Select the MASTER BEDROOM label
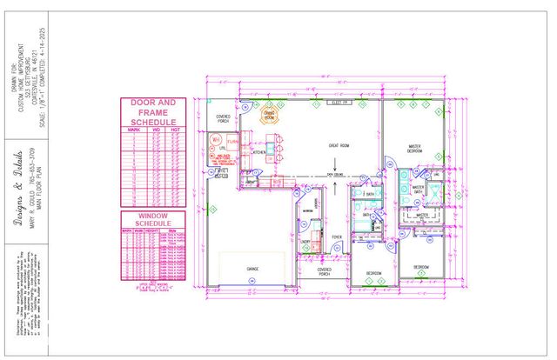pos(414,148)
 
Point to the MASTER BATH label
pos(419,188)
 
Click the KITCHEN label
pos(259,152)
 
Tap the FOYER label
pos(336,235)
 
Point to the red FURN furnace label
pos(233,139)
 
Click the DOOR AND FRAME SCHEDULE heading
pos(153,111)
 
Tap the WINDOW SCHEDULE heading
pos(153,219)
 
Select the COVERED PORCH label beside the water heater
pos(225,119)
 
